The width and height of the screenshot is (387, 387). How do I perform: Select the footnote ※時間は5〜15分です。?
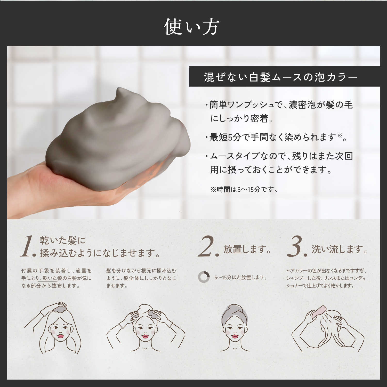click(x=244, y=190)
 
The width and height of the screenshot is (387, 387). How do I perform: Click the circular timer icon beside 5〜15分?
click(x=204, y=277)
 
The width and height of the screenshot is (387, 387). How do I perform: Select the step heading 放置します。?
click(x=247, y=249)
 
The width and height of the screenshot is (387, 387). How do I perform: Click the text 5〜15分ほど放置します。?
click(x=240, y=278)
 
